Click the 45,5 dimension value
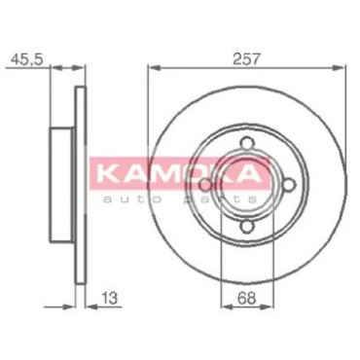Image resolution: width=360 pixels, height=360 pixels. point(26,59)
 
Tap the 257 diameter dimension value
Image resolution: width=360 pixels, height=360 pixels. point(246,59)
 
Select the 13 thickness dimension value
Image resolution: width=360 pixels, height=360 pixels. point(109,298)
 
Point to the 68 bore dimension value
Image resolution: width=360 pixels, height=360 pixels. point(246,298)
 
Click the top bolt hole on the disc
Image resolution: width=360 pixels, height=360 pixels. point(246,143)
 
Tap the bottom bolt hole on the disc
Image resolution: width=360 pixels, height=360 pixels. point(247,226)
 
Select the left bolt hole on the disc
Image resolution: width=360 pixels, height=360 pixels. point(205,185)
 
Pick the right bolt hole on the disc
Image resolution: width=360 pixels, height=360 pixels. point(289,185)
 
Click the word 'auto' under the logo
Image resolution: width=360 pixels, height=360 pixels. point(132,199)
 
